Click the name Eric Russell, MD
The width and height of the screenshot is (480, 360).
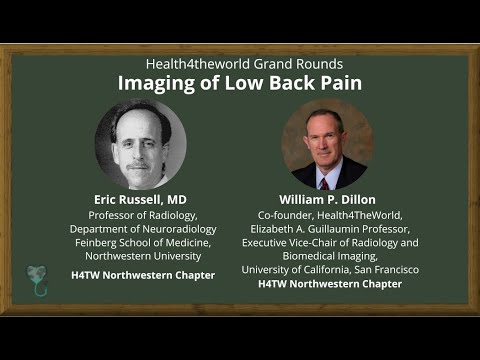tap(141, 199)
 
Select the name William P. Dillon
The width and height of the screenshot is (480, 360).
tap(329, 199)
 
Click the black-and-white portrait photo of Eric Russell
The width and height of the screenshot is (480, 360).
tap(141, 145)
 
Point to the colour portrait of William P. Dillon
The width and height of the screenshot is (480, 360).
tap(328, 145)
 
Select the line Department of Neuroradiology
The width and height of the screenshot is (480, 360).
tap(152, 228)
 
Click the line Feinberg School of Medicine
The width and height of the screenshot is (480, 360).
tap(152, 242)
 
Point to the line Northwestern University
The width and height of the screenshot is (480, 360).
tap(152, 256)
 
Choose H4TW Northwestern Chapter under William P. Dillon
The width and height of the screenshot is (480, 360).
tap(329, 284)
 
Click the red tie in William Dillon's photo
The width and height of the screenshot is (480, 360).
tap(323, 182)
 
